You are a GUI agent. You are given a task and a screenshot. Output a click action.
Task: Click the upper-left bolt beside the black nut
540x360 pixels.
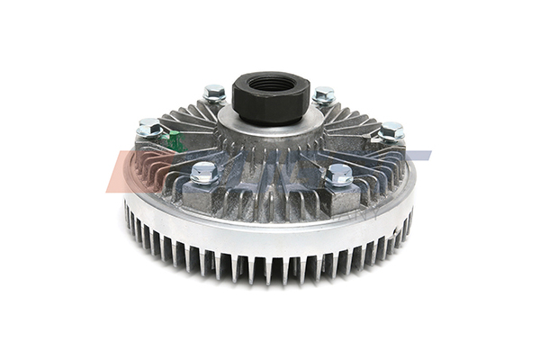[x=214, y=93]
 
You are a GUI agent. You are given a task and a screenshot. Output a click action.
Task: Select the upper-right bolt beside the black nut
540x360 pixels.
[x=324, y=95]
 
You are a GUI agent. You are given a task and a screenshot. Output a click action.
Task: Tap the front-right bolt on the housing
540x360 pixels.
[x=339, y=175]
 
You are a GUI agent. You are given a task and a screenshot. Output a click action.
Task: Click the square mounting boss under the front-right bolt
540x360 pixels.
[x=341, y=198]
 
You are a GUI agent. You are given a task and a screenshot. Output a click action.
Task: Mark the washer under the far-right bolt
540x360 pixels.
[x=389, y=139]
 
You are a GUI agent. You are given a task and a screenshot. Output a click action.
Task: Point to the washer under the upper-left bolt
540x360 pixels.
[x=214, y=99]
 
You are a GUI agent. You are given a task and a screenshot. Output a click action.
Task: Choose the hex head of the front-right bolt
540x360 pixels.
[x=339, y=171]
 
